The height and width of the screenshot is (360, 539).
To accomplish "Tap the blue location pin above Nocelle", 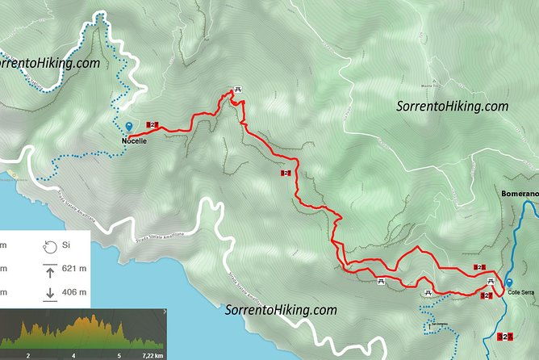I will click(x=129, y=127).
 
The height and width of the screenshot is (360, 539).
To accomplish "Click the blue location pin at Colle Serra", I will click(x=509, y=283).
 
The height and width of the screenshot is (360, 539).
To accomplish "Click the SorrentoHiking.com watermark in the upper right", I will click(x=453, y=106).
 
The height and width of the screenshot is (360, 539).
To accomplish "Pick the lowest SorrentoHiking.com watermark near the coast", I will click(x=280, y=309).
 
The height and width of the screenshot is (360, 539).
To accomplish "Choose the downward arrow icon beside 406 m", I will click(x=49, y=292).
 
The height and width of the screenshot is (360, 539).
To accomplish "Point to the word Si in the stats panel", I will click(x=67, y=245).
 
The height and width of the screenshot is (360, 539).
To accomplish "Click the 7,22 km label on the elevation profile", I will click(x=153, y=354).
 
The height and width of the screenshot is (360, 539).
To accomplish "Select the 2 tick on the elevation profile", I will click(x=28, y=354).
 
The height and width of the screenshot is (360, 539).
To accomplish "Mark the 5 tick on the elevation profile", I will click(x=119, y=354).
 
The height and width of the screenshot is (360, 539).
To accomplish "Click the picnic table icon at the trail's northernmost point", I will click(x=237, y=89).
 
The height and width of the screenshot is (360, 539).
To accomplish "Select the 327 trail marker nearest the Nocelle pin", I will click(x=153, y=124).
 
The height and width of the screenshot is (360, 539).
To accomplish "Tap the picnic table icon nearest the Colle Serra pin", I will click(x=490, y=280).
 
